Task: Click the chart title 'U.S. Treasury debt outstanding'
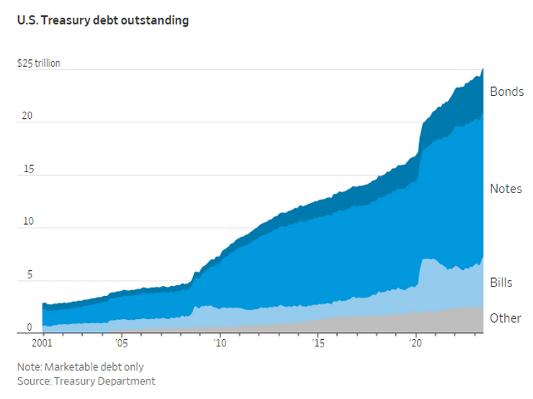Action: tap(103, 21)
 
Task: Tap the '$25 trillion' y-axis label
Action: tap(39, 63)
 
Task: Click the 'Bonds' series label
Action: tap(506, 92)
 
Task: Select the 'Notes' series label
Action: tap(506, 189)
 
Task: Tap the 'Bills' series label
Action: tap(501, 282)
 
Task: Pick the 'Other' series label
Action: tap(505, 318)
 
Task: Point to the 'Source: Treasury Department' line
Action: tap(86, 381)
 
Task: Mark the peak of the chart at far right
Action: tap(483, 68)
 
